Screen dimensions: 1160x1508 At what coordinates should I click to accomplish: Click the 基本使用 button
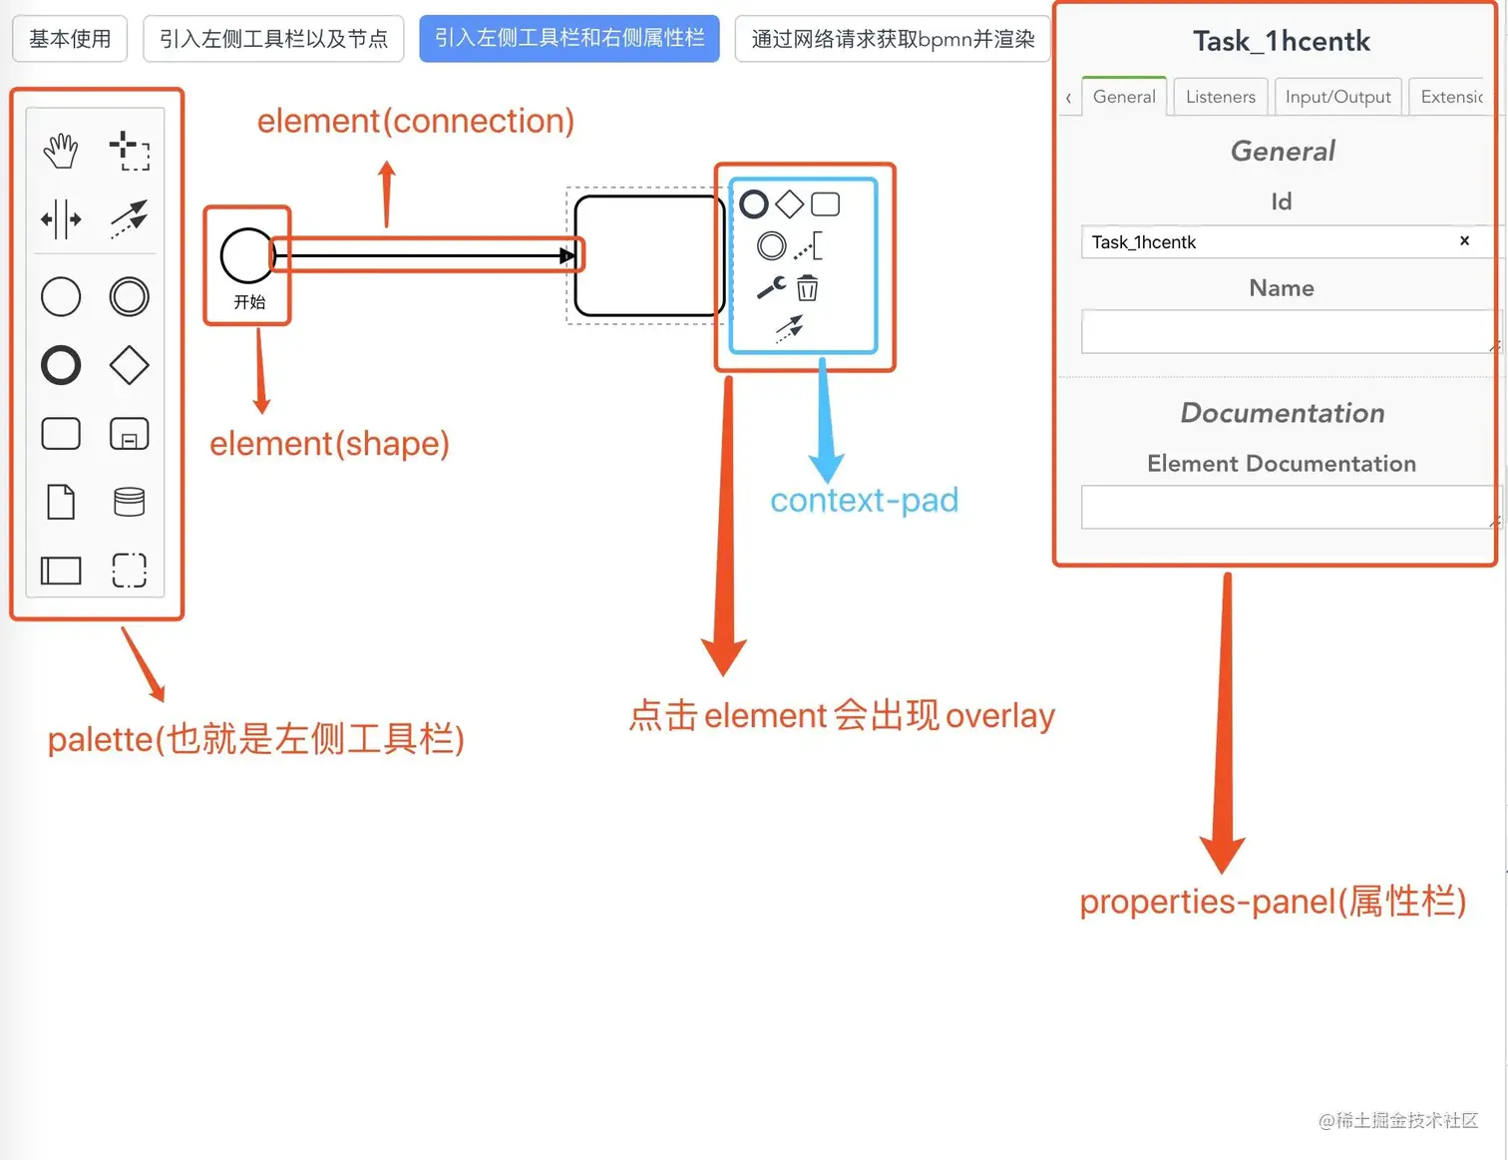coord(70,39)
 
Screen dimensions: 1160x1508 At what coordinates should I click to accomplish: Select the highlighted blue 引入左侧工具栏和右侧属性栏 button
coord(568,39)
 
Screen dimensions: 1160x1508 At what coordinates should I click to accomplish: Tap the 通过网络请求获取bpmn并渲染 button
coord(893,39)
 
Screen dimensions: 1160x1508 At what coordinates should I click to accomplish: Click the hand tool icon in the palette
coord(61,151)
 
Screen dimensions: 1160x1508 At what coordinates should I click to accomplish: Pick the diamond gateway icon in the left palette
coord(130,365)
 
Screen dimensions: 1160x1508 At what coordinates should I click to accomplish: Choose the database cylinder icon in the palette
coord(130,502)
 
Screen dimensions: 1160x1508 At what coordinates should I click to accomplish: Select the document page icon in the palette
coord(61,502)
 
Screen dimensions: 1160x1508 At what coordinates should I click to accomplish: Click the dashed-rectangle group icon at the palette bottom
coord(130,571)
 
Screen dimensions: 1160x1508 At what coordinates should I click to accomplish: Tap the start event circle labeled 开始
coord(246,255)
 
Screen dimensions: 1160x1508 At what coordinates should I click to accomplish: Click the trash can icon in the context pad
coord(808,288)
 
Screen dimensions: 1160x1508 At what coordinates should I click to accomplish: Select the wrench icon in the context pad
coord(771,288)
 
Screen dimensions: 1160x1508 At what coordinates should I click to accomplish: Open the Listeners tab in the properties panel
coord(1220,97)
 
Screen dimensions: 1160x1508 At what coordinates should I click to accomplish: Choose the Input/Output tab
coord(1337,97)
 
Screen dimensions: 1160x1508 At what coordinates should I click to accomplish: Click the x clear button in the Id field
coord(1464,240)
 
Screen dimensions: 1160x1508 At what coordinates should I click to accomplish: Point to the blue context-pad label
coord(864,500)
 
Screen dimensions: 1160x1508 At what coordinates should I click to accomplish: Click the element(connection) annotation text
coord(416,121)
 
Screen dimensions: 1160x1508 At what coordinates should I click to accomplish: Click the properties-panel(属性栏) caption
coord(1273,901)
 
